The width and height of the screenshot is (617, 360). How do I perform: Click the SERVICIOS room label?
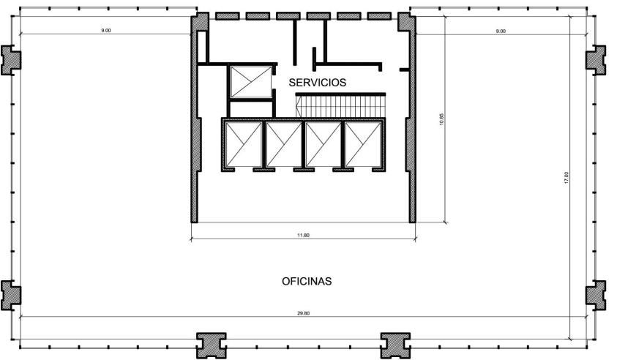click(x=317, y=82)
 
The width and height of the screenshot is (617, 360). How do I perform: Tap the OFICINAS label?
click(x=307, y=281)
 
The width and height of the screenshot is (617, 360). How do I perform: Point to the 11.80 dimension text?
click(x=303, y=236)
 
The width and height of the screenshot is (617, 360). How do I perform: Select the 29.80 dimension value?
click(x=304, y=313)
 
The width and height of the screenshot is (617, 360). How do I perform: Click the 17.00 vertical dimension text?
click(x=566, y=178)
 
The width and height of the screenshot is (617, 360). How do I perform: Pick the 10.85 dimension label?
click(x=441, y=119)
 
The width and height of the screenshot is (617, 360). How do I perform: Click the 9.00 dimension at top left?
click(x=106, y=30)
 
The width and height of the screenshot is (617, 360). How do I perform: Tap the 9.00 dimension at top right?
click(x=501, y=31)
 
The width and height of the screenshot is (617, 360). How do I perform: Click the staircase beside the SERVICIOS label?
click(x=340, y=105)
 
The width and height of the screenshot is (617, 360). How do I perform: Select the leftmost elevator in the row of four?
click(x=244, y=144)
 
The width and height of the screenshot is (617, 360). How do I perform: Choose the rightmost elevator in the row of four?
click(x=363, y=144)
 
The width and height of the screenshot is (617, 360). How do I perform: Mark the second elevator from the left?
click(x=283, y=144)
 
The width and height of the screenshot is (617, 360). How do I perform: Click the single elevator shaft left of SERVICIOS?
click(x=250, y=82)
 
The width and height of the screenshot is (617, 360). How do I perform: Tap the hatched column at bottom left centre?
click(x=212, y=345)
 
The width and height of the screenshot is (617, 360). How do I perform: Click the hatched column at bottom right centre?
click(x=395, y=345)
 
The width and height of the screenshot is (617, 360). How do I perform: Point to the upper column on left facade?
click(x=11, y=60)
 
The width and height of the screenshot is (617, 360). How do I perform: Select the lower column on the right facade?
click(x=597, y=296)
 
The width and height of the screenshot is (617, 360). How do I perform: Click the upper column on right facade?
click(x=597, y=60)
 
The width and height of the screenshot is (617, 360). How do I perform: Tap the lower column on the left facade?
click(x=11, y=296)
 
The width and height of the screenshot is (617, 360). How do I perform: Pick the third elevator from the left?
click(x=323, y=144)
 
